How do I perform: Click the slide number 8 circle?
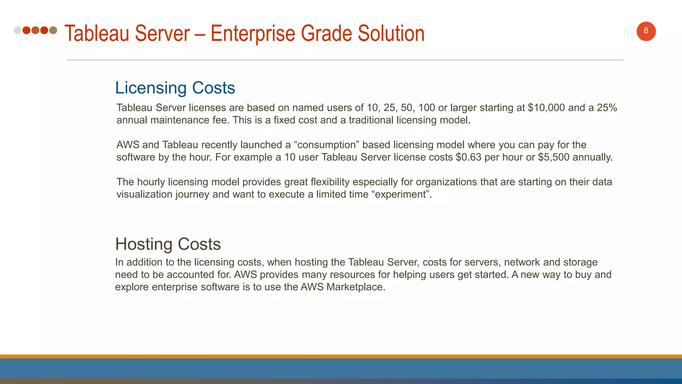point(646,31)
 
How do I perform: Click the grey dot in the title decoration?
point(18,30)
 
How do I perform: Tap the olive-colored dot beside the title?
point(53,30)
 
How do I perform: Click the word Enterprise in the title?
point(253,34)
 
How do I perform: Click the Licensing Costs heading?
point(175,88)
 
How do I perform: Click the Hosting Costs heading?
point(168,244)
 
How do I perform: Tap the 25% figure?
point(607,108)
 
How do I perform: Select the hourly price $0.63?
point(468,157)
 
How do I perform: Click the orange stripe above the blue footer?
point(341,356)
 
